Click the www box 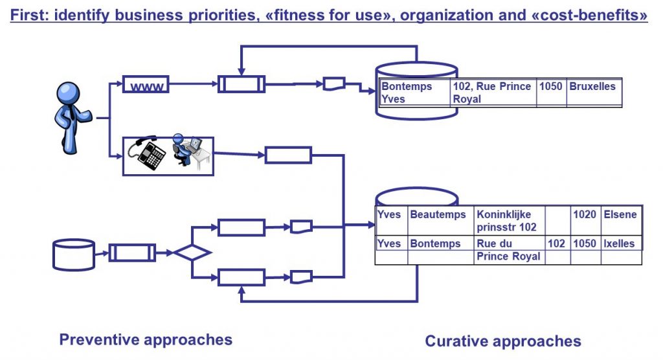click(146, 85)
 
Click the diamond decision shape click(192, 252)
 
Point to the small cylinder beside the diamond click(73, 254)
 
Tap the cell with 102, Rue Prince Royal click(493, 93)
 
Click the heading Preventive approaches click(146, 339)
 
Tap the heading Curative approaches click(503, 341)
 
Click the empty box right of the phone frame click(288, 155)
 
